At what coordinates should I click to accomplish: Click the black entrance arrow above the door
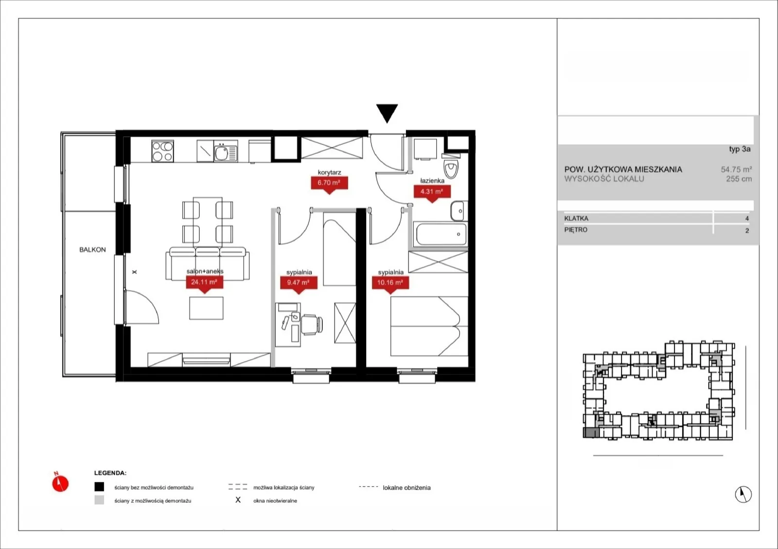[387, 112]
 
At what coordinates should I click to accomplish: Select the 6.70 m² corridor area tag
[329, 184]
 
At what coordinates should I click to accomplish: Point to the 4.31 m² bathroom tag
[432, 193]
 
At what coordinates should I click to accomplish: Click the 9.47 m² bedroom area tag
[299, 283]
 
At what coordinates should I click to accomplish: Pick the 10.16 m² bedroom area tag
[390, 283]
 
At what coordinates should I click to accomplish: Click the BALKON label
[92, 249]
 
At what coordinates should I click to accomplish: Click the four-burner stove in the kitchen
[162, 151]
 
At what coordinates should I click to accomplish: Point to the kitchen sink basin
[221, 153]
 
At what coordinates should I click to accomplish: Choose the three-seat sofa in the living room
[207, 263]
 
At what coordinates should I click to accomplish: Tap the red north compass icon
[60, 483]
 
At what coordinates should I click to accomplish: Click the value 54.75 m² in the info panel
[736, 169]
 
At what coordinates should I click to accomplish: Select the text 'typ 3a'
[740, 149]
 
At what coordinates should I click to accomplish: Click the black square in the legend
[99, 486]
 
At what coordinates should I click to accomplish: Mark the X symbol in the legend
[238, 500]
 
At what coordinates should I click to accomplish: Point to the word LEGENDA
[110, 473]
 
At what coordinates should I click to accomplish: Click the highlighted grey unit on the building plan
[591, 433]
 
